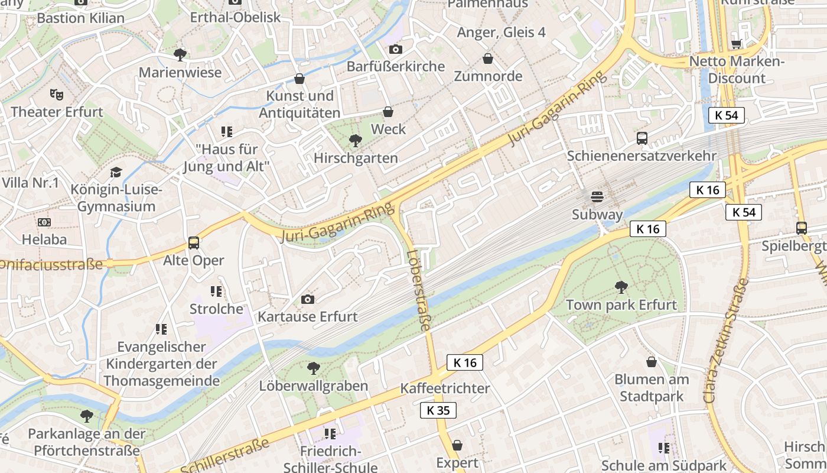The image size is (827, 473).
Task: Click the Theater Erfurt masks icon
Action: [57, 94]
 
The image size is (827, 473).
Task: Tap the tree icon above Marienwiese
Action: [180, 55]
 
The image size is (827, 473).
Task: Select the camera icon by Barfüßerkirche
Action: [395, 49]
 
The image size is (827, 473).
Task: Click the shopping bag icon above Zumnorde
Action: [488, 59]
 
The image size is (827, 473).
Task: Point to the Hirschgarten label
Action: [356, 158]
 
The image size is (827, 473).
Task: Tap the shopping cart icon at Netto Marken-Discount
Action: [737, 44]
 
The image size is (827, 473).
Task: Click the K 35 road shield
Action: [438, 410]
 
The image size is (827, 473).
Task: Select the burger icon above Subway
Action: [597, 197]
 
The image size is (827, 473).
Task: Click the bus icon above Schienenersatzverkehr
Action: [642, 138]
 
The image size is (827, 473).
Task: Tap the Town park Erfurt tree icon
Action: [621, 288]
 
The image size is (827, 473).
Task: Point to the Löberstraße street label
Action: [418, 290]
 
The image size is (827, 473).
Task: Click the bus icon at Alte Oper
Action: [194, 243]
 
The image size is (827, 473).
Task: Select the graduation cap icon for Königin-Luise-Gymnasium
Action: [116, 173]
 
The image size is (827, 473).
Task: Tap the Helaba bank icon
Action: [44, 222]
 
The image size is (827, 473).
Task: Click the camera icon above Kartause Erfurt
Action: [307, 299]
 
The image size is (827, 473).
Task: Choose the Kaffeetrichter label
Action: [445, 388]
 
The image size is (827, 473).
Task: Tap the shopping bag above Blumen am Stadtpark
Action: [652, 362]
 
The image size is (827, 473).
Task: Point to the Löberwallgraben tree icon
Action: [314, 368]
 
